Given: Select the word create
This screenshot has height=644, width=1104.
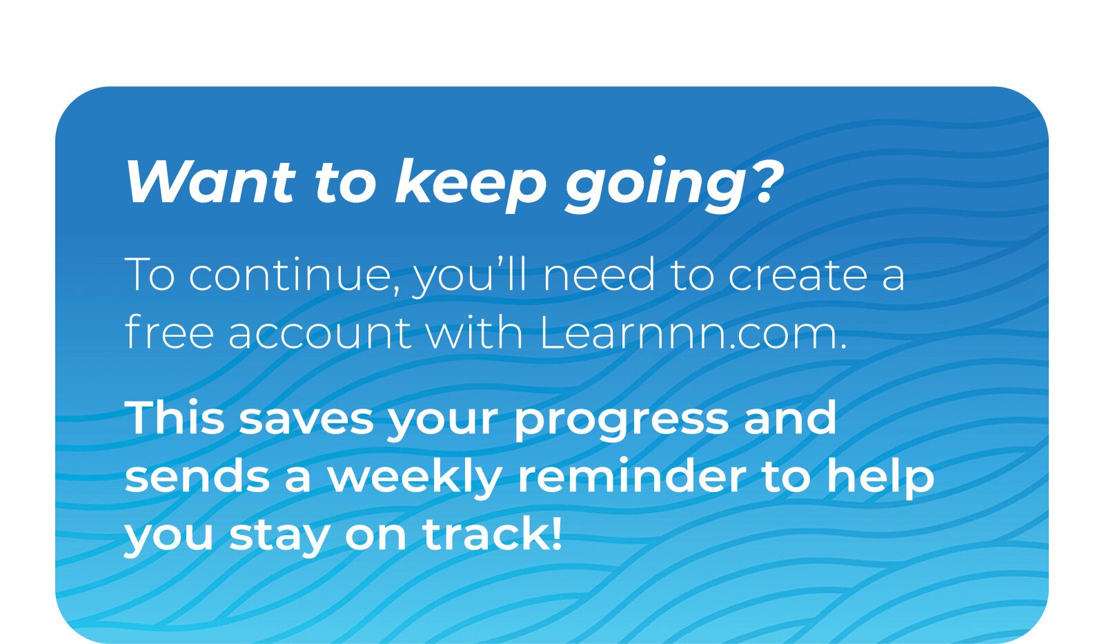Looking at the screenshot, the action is click(x=798, y=275).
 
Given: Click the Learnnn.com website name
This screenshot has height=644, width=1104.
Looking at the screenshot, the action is click(x=693, y=332).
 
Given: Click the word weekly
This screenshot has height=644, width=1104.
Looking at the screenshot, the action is click(x=415, y=479).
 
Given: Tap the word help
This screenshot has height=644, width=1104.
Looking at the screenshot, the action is click(x=880, y=478).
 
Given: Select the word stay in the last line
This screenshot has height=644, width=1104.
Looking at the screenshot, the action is click(x=279, y=538).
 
